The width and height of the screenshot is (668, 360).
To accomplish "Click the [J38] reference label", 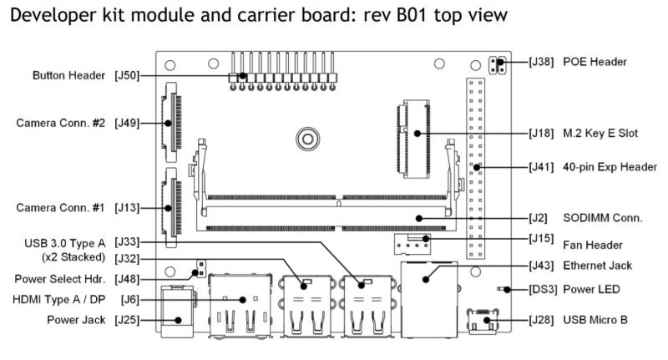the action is click(x=541, y=62).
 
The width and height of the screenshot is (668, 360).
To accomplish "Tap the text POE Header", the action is click(x=595, y=62).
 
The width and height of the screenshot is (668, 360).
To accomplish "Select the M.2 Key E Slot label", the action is click(x=600, y=134).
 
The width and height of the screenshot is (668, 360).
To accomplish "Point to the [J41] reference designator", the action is click(x=541, y=167).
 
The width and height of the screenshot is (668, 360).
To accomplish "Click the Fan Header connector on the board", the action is click(x=412, y=244).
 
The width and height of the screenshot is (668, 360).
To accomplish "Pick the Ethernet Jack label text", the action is click(x=597, y=266).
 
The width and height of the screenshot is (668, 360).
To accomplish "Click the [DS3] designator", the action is click(x=543, y=289).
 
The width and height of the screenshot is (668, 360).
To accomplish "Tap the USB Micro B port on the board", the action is click(x=483, y=321).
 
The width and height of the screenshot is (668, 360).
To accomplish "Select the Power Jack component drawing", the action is click(x=178, y=312).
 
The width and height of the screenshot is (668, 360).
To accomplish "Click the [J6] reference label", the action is click(x=130, y=300).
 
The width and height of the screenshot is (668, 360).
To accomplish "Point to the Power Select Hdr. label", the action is click(x=59, y=280).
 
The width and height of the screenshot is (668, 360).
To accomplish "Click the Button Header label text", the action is click(x=68, y=75).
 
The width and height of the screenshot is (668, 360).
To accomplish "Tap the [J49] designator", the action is click(x=127, y=123).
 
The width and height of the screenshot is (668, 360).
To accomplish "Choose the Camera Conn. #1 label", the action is click(x=60, y=208).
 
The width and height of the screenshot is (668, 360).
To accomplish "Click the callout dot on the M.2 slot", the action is click(x=417, y=134).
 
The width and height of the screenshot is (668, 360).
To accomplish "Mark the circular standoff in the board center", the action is click(x=307, y=139).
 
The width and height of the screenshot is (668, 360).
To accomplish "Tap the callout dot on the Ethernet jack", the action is click(x=426, y=280).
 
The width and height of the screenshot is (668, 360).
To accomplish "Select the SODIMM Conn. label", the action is click(x=602, y=218).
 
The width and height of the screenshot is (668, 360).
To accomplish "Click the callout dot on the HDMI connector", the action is click(x=242, y=300).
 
